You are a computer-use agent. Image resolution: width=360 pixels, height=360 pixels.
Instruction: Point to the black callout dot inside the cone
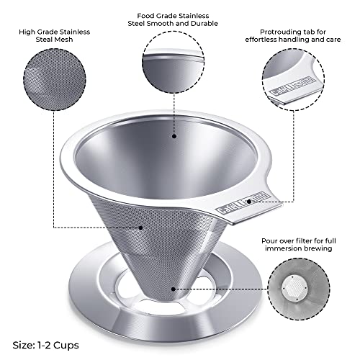[174, 135]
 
